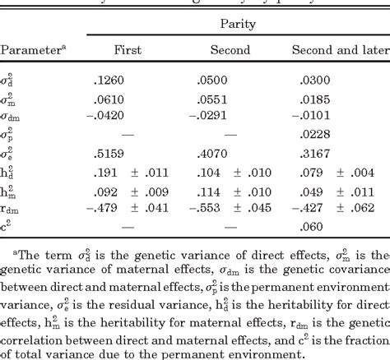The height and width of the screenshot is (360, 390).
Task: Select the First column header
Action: coord(127,50)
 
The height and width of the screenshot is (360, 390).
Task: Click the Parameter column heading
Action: coord(33,50)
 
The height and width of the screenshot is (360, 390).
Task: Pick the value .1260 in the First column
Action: coord(110,81)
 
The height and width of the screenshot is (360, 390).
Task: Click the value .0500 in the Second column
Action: coord(211,81)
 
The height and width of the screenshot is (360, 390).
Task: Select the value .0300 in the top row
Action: coord(315,81)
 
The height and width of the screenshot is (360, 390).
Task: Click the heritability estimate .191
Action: coord(110,173)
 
